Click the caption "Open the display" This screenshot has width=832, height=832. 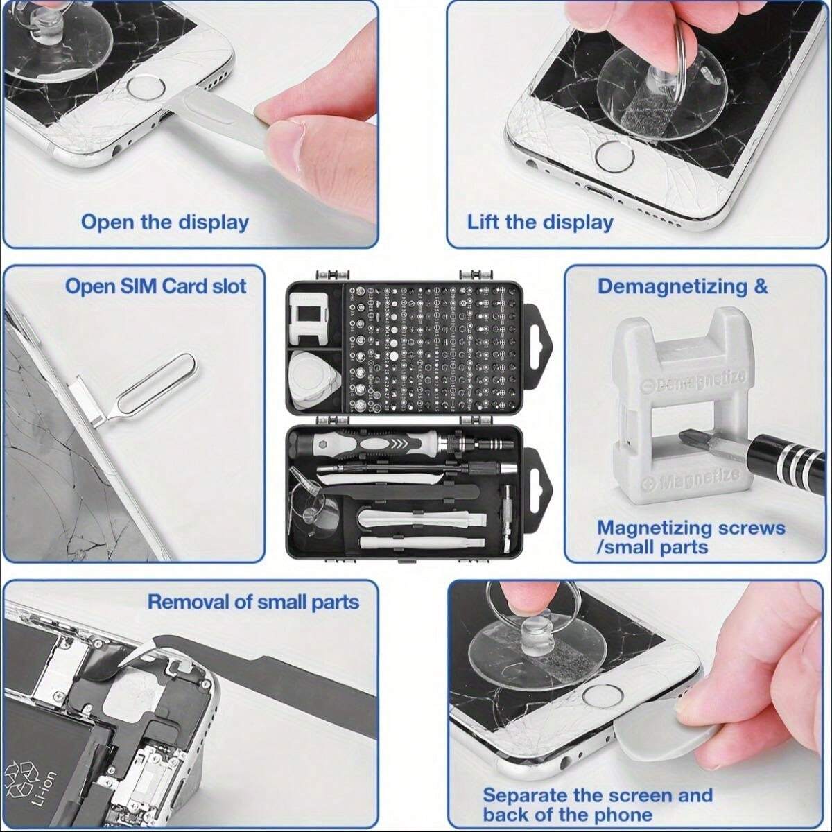coord(164,223)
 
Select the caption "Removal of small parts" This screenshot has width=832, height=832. coord(253,601)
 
